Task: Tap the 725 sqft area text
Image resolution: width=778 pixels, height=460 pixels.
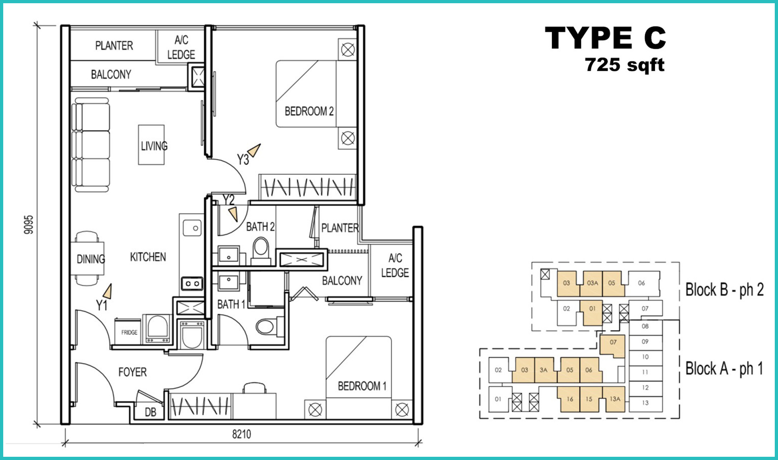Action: (624, 65)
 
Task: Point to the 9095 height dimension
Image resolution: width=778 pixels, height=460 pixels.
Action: (28, 225)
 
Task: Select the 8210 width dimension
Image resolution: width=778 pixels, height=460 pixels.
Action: (241, 434)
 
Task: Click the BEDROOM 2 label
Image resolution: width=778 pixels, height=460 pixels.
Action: (309, 111)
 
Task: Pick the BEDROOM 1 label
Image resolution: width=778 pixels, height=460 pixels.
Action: (362, 386)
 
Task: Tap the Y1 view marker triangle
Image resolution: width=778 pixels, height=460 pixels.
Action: (108, 291)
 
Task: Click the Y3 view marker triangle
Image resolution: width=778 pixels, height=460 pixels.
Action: (254, 150)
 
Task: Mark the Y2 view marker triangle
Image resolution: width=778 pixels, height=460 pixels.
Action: (233, 214)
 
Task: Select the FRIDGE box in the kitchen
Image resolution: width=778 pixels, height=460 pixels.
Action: (129, 332)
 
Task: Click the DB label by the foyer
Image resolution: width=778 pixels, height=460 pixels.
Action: (150, 412)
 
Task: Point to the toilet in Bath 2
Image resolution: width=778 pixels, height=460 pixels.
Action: (261, 251)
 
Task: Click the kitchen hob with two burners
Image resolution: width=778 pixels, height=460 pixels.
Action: (192, 284)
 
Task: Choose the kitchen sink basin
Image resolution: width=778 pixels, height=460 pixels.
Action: (192, 228)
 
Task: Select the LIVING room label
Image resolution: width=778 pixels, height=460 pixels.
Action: (154, 146)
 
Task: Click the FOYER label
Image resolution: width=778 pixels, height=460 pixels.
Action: (133, 372)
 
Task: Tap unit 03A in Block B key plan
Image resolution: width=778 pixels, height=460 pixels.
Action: (592, 283)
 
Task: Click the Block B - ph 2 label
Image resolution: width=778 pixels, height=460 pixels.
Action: (724, 290)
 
